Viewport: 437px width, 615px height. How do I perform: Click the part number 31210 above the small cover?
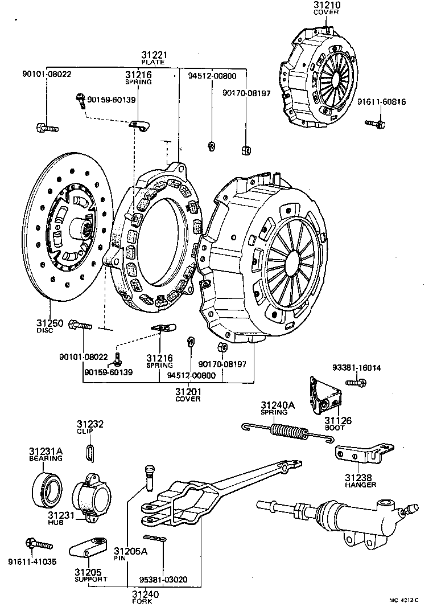click(326, 5)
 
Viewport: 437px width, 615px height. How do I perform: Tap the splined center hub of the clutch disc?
click(79, 229)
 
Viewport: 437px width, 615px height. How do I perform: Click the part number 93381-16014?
click(357, 368)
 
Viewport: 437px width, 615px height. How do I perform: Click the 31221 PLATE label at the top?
click(153, 58)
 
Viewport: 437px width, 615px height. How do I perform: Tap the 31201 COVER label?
click(188, 395)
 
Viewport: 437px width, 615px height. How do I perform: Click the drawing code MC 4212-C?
click(403, 600)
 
